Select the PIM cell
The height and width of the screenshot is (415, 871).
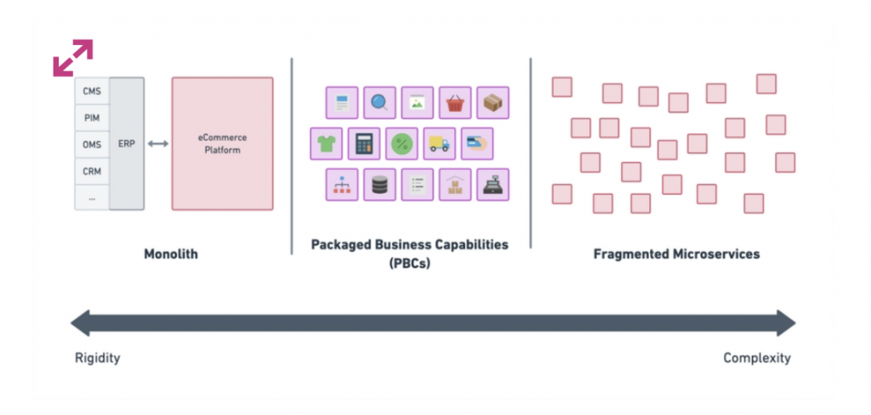click(x=91, y=117)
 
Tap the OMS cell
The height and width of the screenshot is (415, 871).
click(x=91, y=145)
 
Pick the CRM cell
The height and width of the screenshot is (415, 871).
click(x=91, y=171)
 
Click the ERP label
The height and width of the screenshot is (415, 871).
click(x=126, y=144)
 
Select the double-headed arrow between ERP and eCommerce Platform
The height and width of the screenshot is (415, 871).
click(x=158, y=144)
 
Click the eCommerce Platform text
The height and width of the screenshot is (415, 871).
click(x=222, y=144)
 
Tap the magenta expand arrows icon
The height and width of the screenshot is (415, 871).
click(x=73, y=58)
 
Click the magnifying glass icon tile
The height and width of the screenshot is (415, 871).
click(x=379, y=103)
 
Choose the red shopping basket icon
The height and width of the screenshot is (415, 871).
click(x=455, y=103)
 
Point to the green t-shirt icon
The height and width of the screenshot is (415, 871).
click(x=326, y=144)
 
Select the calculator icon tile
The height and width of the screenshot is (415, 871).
click(x=365, y=144)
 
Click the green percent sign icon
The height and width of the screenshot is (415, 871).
click(x=401, y=144)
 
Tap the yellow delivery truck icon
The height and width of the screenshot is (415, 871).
click(x=439, y=144)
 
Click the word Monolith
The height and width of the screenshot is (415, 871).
click(x=171, y=253)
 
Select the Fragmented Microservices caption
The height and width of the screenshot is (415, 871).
click(x=675, y=253)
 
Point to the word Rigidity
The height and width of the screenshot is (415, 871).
click(x=97, y=358)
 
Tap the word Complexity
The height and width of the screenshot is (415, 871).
click(x=756, y=358)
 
